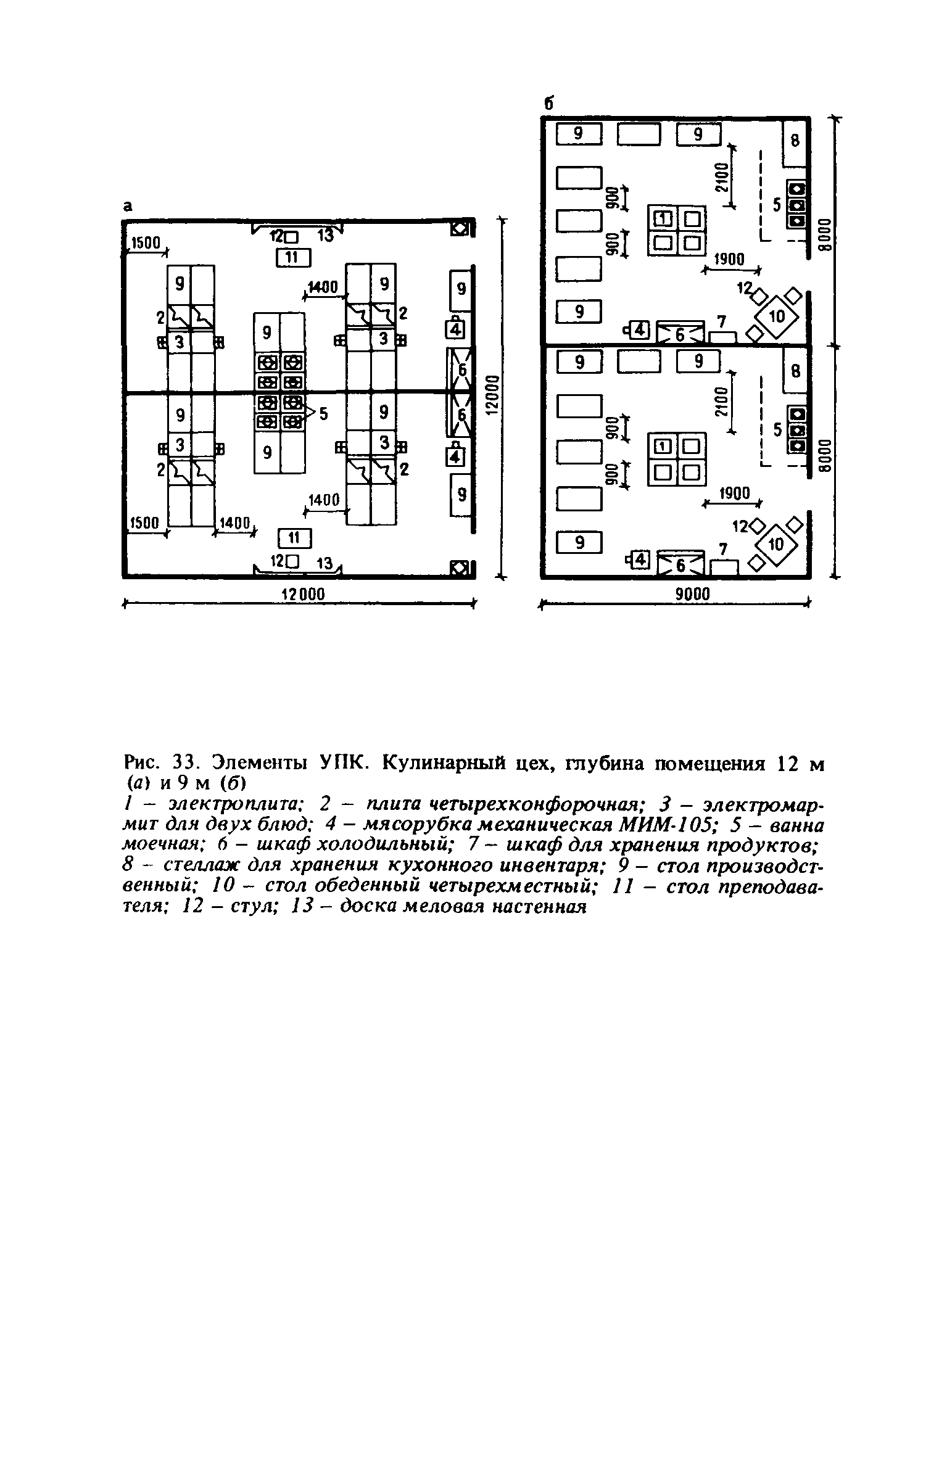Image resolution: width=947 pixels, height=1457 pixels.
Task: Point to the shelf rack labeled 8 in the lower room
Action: tap(795, 371)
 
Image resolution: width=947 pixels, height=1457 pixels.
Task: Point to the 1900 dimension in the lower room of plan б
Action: tap(734, 493)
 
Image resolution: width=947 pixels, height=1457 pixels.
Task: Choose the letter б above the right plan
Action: tap(547, 104)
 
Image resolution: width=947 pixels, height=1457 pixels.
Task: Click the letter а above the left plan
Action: tap(127, 207)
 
